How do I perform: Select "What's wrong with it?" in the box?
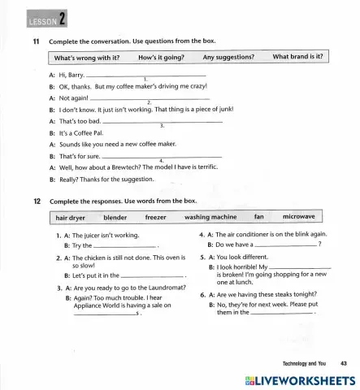pos(87,58)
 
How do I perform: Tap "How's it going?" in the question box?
pos(161,58)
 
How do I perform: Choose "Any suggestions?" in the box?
pos(228,58)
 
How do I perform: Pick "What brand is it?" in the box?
pos(297,58)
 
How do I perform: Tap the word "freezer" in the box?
pos(155,218)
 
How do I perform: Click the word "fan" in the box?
pos(259,218)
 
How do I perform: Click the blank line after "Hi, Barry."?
pos(146,74)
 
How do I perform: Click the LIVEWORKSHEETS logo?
pos(293,380)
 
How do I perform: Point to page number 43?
pos(344,363)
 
